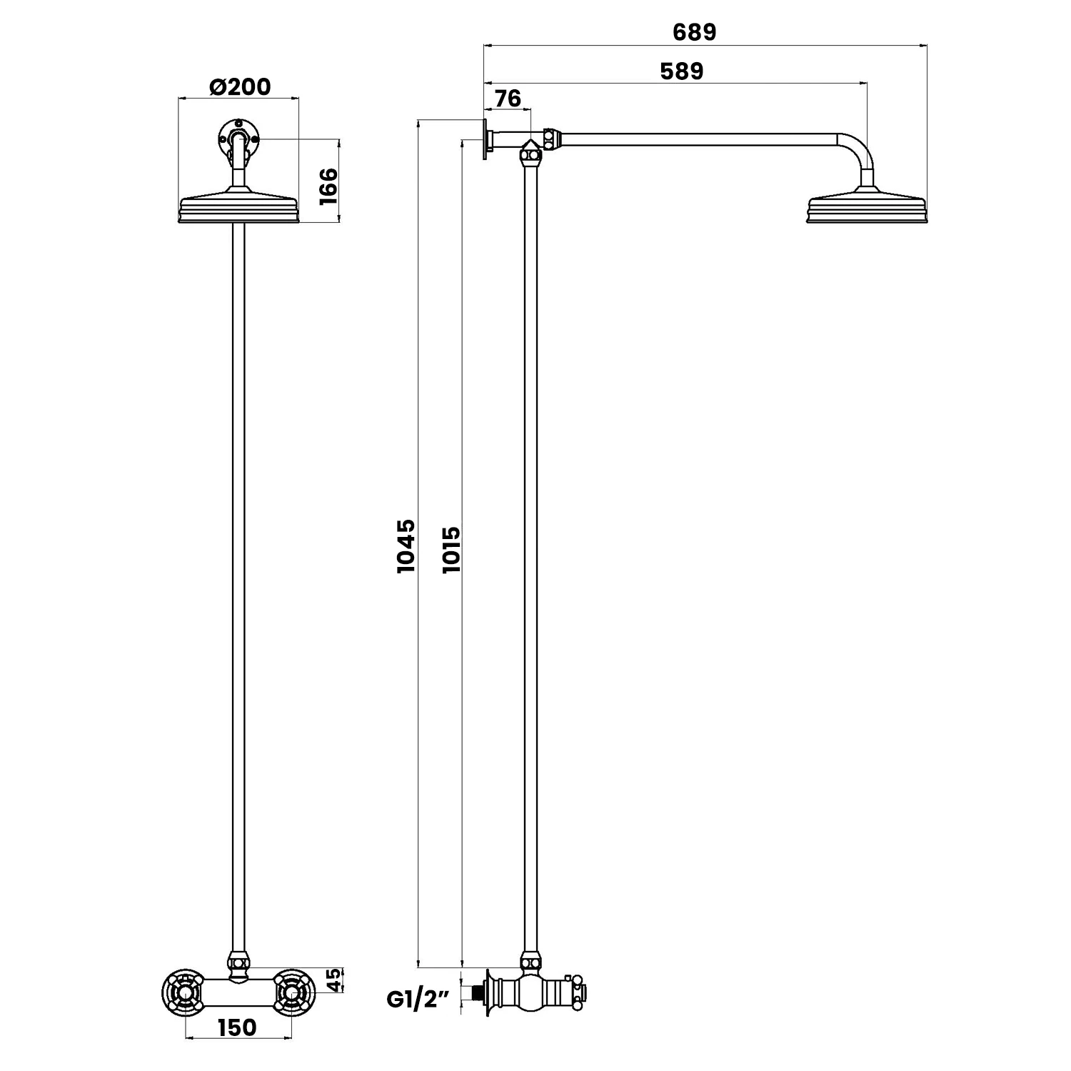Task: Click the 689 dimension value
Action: [694, 32]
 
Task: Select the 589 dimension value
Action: [681, 71]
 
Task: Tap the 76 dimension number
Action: [508, 98]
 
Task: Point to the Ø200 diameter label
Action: [239, 87]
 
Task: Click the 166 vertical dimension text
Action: [328, 187]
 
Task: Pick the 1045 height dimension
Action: [406, 546]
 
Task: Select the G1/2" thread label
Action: [418, 1000]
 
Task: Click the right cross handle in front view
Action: [291, 992]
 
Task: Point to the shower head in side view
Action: [867, 208]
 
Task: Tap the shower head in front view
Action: [238, 208]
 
